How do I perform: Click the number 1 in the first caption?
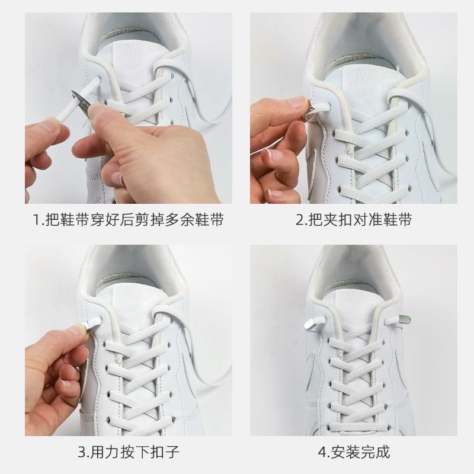tap(36, 219)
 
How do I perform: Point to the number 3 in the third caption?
tap(82, 452)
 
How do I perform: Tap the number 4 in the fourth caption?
tap(322, 452)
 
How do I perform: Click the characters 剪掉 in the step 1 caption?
tap(149, 219)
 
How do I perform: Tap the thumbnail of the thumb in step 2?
tap(298, 102)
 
